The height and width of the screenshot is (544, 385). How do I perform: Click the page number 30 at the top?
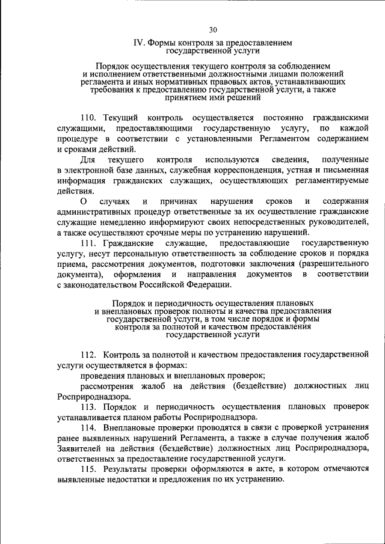click(x=213, y=30)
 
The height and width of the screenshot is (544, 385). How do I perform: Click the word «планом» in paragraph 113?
click(x=158, y=417)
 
